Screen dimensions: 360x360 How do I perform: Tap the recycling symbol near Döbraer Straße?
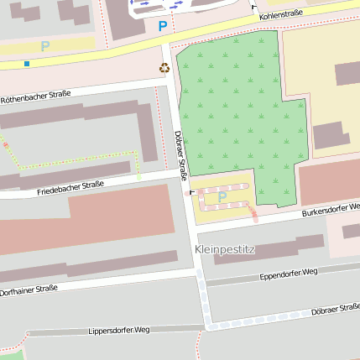(x=164, y=68)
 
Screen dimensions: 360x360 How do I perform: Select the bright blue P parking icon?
(x=162, y=27)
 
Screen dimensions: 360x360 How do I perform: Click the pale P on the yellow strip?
(x=44, y=46)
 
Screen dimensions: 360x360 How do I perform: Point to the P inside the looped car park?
(x=222, y=197)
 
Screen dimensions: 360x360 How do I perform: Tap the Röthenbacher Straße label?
(x=34, y=97)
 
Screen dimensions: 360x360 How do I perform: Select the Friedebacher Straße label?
(x=70, y=187)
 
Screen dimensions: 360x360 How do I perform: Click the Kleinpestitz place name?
(x=224, y=250)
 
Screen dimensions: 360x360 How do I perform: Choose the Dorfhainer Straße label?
(x=29, y=290)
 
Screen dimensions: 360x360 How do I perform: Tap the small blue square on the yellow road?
(x=27, y=63)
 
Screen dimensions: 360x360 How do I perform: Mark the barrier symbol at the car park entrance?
(x=192, y=191)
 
